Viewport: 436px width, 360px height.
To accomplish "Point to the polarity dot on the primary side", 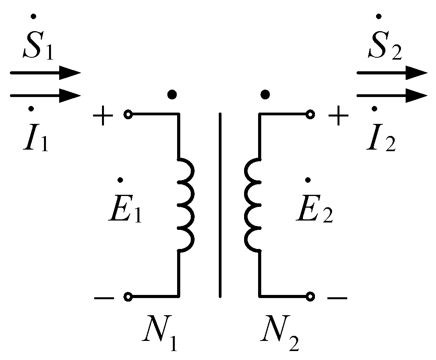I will tap(172, 95).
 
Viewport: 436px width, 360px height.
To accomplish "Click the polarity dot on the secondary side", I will tap(265, 95).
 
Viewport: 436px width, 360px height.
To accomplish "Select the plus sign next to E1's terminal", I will tap(103, 116).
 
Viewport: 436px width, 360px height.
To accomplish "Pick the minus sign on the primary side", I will tap(104, 298).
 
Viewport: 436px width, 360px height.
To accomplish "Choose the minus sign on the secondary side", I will tap(337, 298).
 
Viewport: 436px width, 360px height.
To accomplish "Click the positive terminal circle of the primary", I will tap(127, 115).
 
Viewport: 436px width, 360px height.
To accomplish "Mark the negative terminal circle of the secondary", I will tap(310, 297).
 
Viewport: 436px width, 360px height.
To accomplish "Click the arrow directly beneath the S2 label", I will tap(391, 73).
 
